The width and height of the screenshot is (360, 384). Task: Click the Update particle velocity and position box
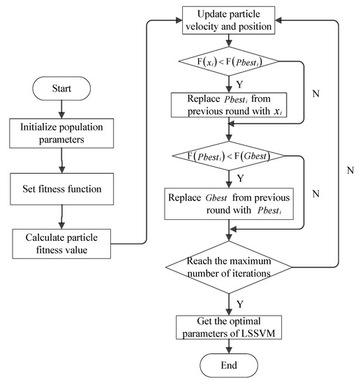pyautogui.click(x=229, y=20)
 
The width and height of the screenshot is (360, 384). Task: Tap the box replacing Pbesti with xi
pyautogui.click(x=229, y=107)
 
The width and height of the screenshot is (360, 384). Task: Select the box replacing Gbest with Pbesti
pyautogui.click(x=229, y=202)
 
